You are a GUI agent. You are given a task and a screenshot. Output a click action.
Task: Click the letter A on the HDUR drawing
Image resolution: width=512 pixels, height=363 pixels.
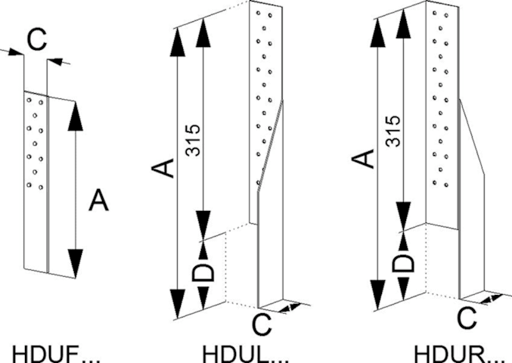point(365,160)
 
